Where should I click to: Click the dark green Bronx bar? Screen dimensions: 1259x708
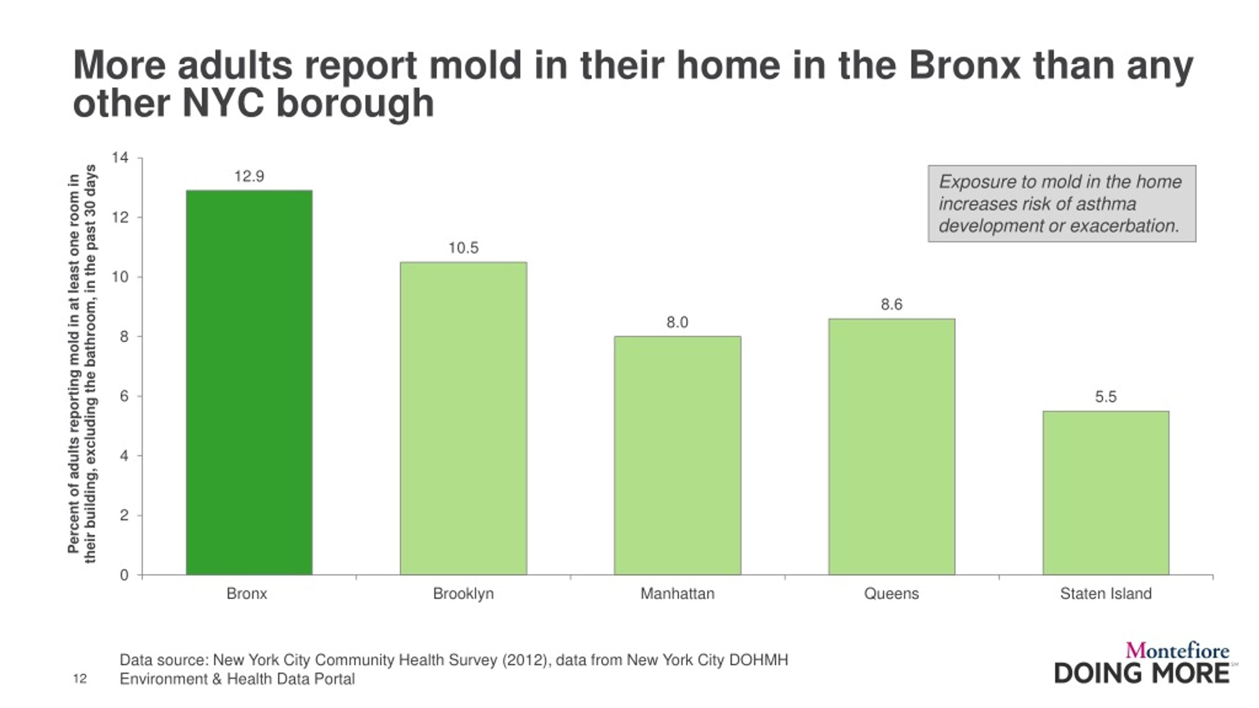coord(249,383)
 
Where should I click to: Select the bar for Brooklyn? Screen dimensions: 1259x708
coord(463,418)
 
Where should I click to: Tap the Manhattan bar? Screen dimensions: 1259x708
coord(677,456)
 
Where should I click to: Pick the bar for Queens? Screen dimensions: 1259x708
coord(892,447)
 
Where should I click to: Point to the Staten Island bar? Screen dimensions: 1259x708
coord(1106,493)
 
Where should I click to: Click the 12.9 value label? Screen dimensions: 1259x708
coord(249,177)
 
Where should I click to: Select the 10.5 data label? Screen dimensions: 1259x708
coord(463,248)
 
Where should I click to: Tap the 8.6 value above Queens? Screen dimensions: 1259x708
coord(892,305)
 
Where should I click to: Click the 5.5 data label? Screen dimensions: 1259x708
coord(1106,397)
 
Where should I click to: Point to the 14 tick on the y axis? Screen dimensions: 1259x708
coord(120,158)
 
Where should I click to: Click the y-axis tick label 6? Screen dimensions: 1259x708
coord(124,396)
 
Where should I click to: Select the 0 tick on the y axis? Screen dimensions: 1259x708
coord(124,575)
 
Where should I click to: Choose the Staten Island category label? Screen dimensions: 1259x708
coord(1106,594)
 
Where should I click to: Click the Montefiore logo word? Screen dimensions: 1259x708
coord(1177,651)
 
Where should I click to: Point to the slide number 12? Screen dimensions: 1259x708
coord(80,679)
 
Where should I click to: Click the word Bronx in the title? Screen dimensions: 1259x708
coord(964,65)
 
